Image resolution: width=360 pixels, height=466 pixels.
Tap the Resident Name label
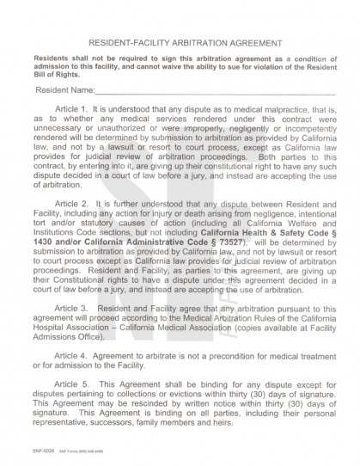pos(64,89)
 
